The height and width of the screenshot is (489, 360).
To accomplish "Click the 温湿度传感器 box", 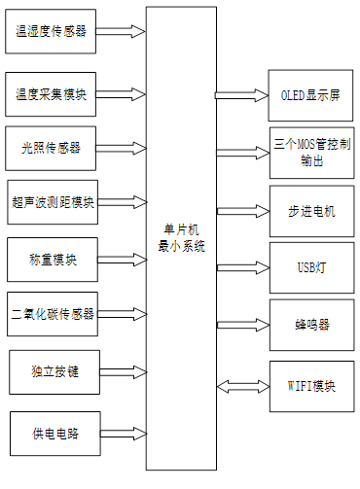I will pyautogui.click(x=52, y=31).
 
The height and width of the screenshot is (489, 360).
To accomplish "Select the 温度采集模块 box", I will pyautogui.click(x=52, y=94).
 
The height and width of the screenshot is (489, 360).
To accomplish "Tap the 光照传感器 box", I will pyautogui.click(x=52, y=148).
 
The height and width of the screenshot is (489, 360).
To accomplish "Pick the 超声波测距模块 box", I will pyautogui.click(x=52, y=202).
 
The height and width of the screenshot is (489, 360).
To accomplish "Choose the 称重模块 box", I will pyautogui.click(x=52, y=260).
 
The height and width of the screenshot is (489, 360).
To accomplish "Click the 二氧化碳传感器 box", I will pyautogui.click(x=52, y=313).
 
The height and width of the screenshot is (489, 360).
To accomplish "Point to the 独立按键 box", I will pyautogui.click(x=52, y=371).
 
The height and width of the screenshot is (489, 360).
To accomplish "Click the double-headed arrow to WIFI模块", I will pyautogui.click(x=241, y=386).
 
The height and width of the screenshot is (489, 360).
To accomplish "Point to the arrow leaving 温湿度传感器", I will pyautogui.click(x=122, y=31).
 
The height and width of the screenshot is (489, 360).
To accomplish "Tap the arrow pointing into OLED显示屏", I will pyautogui.click(x=241, y=96).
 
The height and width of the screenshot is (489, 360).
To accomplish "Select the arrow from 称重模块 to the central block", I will pyautogui.click(x=122, y=260).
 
